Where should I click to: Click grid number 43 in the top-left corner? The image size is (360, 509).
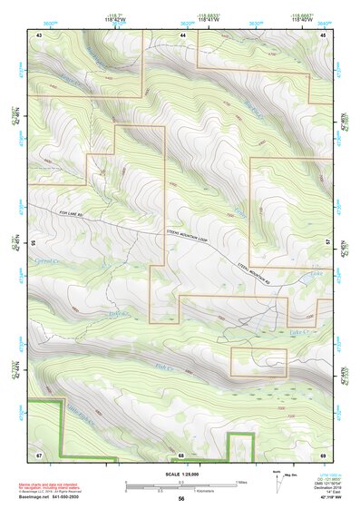[39, 34]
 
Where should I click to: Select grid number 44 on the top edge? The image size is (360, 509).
[182, 34]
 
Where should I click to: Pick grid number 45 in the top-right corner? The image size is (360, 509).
[324, 34]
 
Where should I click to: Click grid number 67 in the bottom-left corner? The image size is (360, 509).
[39, 454]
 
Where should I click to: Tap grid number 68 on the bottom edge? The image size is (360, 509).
[180, 454]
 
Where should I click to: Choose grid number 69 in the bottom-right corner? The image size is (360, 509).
[324, 454]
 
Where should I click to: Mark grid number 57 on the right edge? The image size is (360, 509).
[328, 243]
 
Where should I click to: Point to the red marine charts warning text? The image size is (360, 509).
[50, 486]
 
